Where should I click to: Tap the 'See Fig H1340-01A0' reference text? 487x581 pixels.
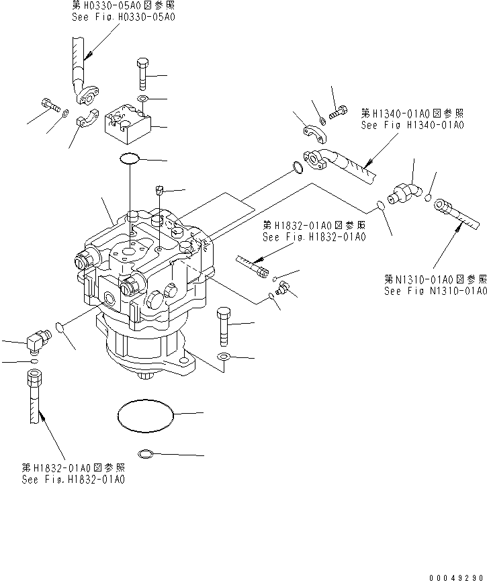412,125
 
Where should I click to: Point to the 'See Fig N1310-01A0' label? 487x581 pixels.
435,291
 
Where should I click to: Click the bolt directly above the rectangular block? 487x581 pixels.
143,73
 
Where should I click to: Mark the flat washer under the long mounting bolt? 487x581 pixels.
224,357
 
